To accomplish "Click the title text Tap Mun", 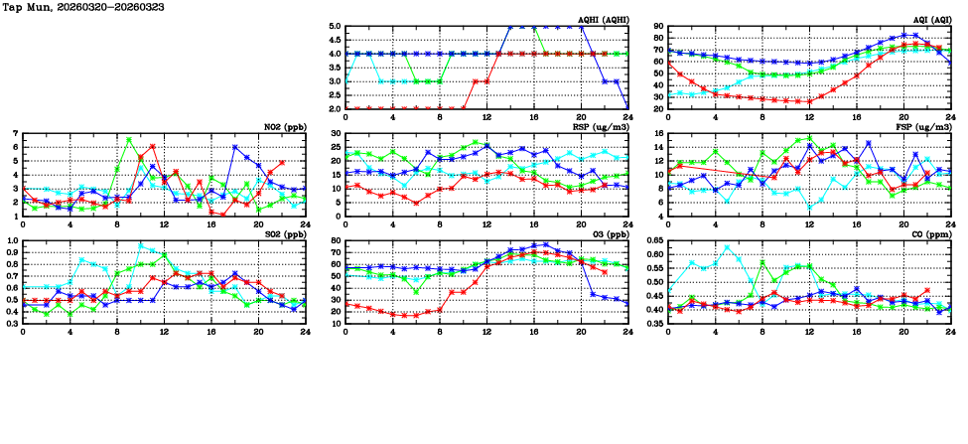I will (25, 7).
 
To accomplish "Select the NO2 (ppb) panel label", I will (286, 126).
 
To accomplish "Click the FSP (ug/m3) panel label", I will (928, 126).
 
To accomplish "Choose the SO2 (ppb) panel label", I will (286, 233).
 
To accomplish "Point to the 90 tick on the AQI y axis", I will (658, 27).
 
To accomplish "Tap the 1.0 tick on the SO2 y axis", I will (12, 240).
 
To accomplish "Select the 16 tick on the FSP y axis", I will (658, 133).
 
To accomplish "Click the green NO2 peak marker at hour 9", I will (129, 140).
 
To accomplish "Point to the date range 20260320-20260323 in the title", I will (113, 7).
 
